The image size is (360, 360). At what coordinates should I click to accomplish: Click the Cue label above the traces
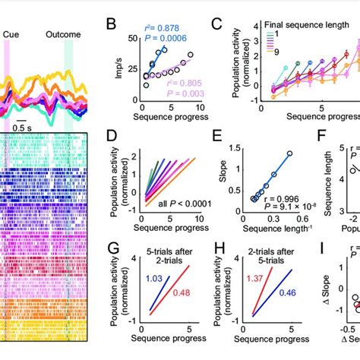(x=11, y=34)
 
